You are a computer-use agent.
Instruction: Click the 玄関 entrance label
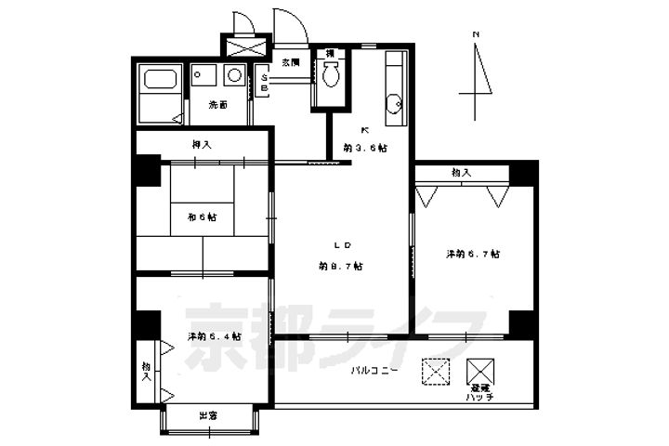point(292,62)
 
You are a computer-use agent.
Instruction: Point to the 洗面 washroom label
point(217,105)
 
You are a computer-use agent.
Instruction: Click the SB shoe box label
point(264,83)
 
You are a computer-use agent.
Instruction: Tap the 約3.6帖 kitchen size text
point(364,148)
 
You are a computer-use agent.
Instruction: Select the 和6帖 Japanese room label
point(202,216)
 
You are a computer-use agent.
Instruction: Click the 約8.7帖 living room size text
point(340,266)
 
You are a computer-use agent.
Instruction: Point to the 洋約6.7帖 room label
point(473,254)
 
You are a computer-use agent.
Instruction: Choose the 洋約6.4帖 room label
point(215,336)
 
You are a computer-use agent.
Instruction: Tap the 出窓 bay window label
point(208,415)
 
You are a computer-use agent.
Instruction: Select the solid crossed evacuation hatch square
point(481,369)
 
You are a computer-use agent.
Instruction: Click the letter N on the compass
point(475,35)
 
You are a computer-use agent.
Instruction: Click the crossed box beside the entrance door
point(245,46)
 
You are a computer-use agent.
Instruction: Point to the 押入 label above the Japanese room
point(202,144)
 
